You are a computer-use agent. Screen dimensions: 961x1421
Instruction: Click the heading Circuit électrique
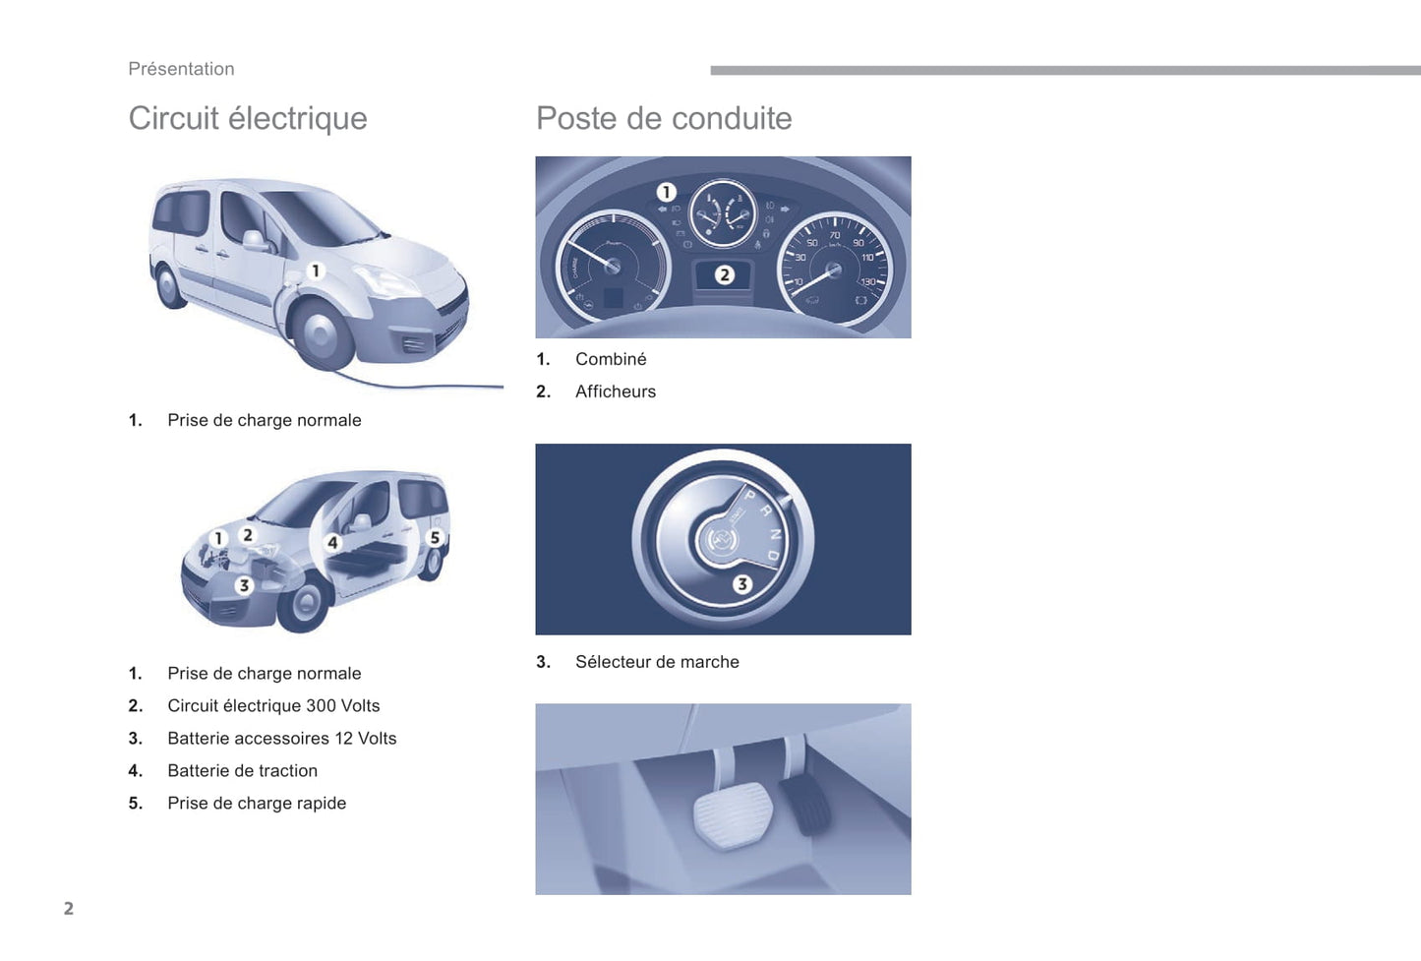pos(248,118)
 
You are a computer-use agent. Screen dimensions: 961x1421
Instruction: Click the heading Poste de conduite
pos(664,118)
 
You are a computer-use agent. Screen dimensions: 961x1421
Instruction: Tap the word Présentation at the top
pos(181,69)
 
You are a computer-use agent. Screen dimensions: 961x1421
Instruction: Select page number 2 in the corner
pos(69,908)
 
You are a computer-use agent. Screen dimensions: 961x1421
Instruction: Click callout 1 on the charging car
pos(316,270)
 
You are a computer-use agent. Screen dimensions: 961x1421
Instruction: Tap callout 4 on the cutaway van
pos(332,542)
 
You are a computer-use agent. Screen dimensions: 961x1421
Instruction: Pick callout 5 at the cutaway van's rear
pos(435,538)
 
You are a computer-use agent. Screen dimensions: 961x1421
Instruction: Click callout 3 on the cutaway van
pos(245,585)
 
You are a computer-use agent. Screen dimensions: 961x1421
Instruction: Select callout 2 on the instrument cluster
pos(725,275)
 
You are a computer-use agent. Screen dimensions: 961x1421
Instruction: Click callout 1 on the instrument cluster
pos(667,192)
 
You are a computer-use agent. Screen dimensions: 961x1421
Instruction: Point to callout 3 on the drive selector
pos(742,584)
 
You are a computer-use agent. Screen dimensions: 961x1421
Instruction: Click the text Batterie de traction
pos(242,771)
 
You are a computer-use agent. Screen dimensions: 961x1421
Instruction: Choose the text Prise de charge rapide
pos(257,804)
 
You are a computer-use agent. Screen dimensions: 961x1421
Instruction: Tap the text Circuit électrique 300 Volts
pos(273,706)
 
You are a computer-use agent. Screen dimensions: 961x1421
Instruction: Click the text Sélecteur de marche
pos(657,662)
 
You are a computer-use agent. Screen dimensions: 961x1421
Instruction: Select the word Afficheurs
pos(616,391)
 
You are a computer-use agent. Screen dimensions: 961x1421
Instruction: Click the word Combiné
pos(611,359)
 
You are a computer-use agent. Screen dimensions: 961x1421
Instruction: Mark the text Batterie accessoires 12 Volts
pos(282,739)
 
